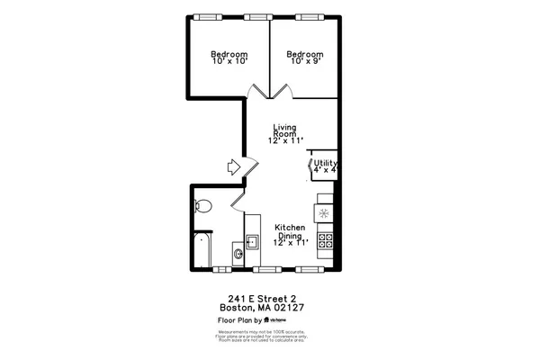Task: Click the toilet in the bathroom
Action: (203, 205)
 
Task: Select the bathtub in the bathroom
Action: (202, 249)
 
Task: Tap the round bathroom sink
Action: (238, 255)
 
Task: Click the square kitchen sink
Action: (253, 241)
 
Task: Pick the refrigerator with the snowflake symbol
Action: (324, 213)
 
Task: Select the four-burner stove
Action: (325, 240)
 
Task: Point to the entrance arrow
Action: (232, 166)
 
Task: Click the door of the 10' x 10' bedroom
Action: (257, 91)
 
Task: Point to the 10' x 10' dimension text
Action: (229, 62)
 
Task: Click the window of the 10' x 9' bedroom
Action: (309, 16)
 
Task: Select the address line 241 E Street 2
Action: (262, 299)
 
